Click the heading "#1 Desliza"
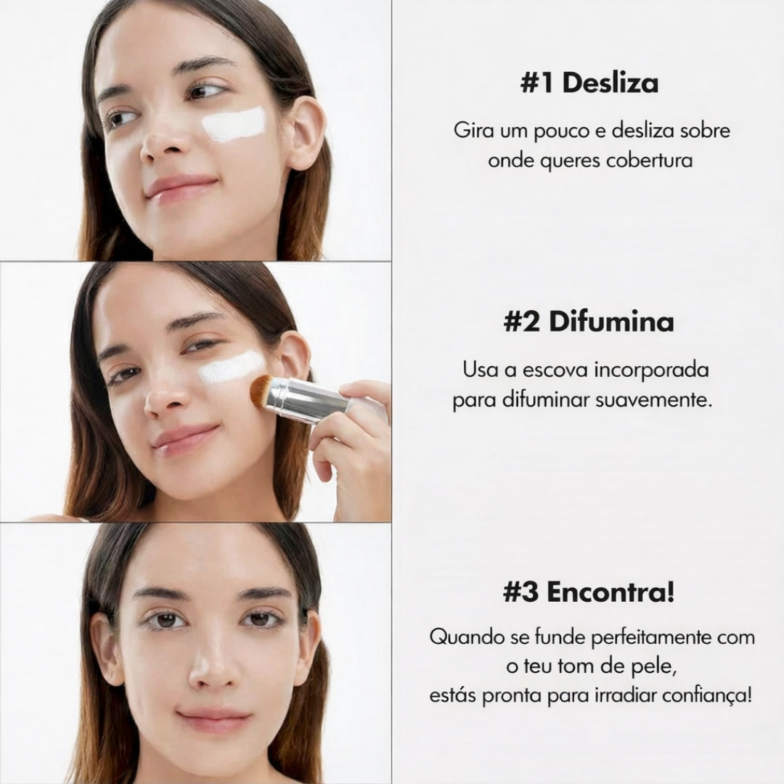[589, 83]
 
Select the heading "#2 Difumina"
[589, 322]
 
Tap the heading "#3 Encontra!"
[589, 592]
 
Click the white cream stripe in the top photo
[234, 123]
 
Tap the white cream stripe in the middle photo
[231, 367]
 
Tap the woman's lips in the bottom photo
[214, 721]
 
